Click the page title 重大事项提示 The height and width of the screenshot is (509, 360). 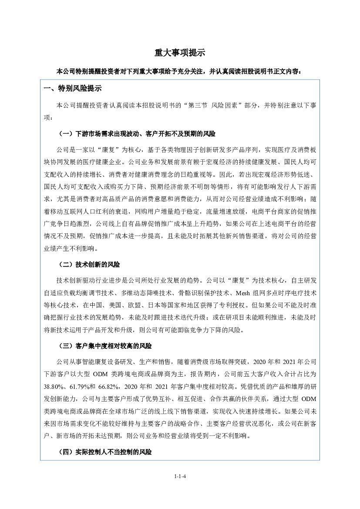pos(180,53)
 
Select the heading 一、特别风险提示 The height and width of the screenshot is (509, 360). pos(73,88)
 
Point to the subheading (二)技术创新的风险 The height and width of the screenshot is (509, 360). pos(89,264)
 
